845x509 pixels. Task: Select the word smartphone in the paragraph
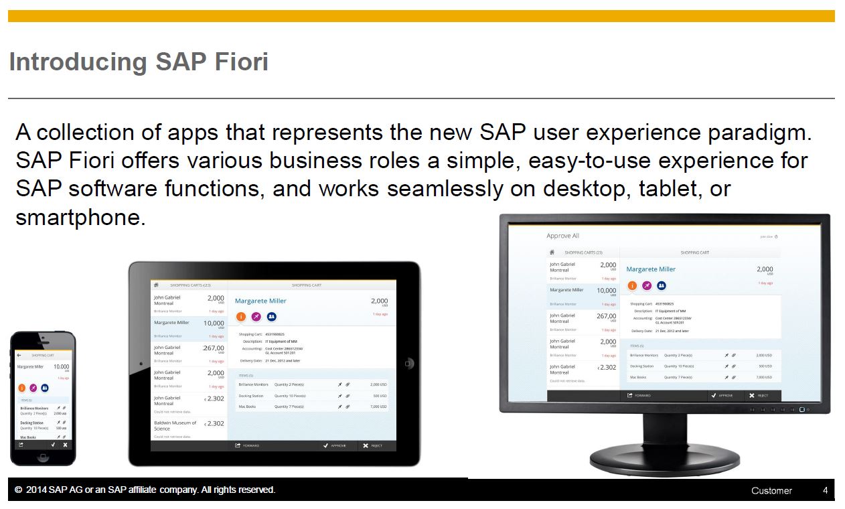pos(80,218)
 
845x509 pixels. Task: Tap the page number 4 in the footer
pos(825,490)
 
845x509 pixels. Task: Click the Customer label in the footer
pos(771,490)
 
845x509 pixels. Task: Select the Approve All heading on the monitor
pos(562,236)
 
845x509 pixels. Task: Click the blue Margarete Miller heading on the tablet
pos(260,301)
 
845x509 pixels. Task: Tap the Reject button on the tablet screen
pos(372,445)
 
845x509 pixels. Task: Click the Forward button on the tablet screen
pos(247,445)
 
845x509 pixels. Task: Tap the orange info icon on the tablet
pos(240,317)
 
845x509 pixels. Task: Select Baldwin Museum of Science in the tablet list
pos(175,425)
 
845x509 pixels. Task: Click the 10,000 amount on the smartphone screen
pos(61,367)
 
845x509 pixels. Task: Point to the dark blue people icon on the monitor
pos(661,285)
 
